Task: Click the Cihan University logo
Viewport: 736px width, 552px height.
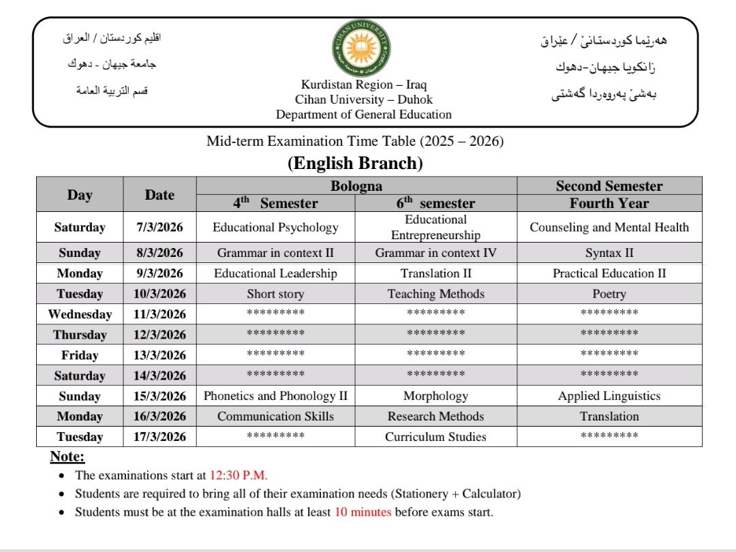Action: tap(362, 48)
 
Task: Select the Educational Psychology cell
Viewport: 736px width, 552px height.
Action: tap(275, 228)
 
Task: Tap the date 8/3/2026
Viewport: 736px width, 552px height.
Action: tap(159, 253)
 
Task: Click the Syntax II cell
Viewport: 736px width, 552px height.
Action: tap(609, 253)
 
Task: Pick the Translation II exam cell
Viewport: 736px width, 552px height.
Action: tap(435, 273)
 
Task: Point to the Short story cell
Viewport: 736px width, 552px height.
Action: tap(275, 294)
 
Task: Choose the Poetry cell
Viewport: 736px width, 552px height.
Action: tap(609, 294)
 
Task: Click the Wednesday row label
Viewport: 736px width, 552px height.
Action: tap(80, 314)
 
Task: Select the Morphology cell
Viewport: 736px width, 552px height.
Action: tap(435, 396)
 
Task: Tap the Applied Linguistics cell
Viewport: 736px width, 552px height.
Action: tap(609, 396)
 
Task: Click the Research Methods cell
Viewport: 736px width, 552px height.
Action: tap(435, 416)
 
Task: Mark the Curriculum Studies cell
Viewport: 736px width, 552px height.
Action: tap(435, 437)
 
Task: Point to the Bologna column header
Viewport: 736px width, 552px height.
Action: tap(356, 186)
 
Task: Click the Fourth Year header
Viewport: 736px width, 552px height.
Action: tap(609, 203)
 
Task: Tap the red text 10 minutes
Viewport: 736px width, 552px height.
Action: tap(363, 512)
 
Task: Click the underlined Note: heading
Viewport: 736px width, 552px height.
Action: tap(67, 457)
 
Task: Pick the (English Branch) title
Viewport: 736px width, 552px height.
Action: tap(355, 164)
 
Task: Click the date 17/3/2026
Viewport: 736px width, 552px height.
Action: tap(159, 437)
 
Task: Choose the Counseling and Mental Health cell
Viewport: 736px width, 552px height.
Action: tap(609, 228)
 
